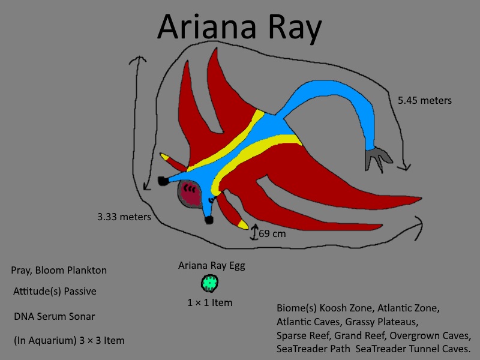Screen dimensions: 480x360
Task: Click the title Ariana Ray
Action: pos(239,27)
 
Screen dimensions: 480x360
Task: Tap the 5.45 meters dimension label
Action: pos(425,100)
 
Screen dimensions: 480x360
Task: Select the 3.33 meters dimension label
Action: pos(124,217)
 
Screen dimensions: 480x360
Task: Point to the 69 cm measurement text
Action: pos(272,233)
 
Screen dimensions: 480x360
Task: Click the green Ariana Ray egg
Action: pos(209,283)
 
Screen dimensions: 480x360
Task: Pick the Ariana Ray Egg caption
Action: pos(212,266)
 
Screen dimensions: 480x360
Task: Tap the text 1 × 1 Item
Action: pos(209,302)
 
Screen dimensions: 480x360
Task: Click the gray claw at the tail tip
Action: pos(378,158)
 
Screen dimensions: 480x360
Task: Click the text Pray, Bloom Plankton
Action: pos(59,271)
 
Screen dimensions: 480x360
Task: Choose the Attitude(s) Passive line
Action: pos(55,291)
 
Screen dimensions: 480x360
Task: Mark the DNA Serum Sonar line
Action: pos(55,316)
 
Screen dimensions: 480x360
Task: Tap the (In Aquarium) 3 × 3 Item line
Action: pos(69,340)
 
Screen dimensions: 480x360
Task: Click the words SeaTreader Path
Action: pos(313,349)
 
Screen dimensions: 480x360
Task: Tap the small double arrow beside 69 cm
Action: pos(254,232)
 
